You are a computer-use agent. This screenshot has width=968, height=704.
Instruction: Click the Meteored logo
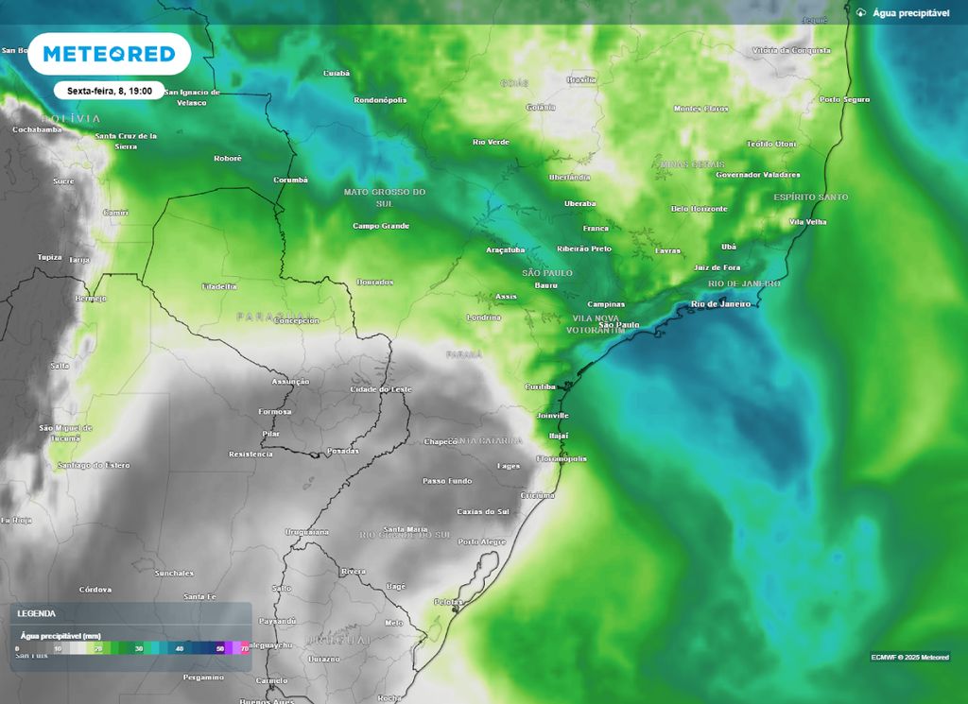point(109,54)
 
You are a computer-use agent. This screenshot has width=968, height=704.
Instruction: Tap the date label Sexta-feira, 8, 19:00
point(109,91)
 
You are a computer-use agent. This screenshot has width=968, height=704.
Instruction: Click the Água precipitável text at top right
point(909,12)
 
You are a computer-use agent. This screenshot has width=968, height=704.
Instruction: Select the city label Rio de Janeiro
point(720,304)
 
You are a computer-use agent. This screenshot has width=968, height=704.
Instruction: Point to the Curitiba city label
point(540,386)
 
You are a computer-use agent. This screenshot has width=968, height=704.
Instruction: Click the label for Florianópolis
point(562,458)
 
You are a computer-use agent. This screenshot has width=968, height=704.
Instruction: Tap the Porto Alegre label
point(481,541)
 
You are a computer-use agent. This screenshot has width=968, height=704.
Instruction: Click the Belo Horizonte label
point(699,209)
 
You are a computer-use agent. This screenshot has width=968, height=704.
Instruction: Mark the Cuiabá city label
point(337,73)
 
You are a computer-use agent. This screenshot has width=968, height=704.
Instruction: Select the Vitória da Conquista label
point(790,50)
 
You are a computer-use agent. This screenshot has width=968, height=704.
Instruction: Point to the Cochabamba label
point(37,129)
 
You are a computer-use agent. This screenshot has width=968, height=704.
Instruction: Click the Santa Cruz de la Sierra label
point(126,141)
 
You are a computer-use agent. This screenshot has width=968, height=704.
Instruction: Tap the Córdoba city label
point(95,589)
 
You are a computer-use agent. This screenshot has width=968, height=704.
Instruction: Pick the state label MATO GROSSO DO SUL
point(385,197)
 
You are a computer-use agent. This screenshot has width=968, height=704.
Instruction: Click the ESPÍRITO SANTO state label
point(810,197)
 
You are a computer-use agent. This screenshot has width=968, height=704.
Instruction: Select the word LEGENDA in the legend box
point(36,613)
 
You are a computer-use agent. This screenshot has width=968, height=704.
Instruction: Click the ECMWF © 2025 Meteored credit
point(909,658)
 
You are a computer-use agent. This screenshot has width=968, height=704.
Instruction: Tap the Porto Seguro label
point(844,99)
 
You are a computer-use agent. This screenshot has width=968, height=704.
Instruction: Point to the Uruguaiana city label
point(307,532)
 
